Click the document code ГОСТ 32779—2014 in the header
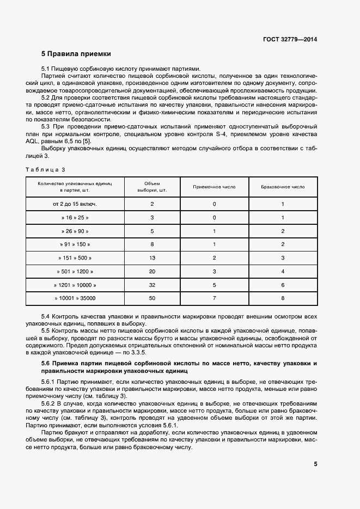coord(290,39)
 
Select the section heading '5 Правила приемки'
coord(76,54)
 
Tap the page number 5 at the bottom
coord(315,464)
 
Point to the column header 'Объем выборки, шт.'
coord(152,187)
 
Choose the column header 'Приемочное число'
coord(214,187)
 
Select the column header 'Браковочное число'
coord(283,187)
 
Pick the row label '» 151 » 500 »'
coord(75,257)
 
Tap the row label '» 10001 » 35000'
coord(75,298)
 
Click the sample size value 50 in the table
coord(152,298)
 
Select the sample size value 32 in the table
coord(152,285)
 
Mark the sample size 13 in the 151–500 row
coord(152,257)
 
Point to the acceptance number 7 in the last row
coord(214,298)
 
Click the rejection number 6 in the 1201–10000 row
coord(283,285)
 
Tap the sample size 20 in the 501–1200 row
coord(152,271)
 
